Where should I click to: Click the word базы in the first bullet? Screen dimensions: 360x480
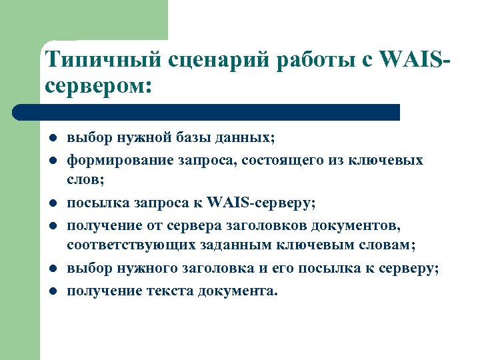(200, 138)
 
